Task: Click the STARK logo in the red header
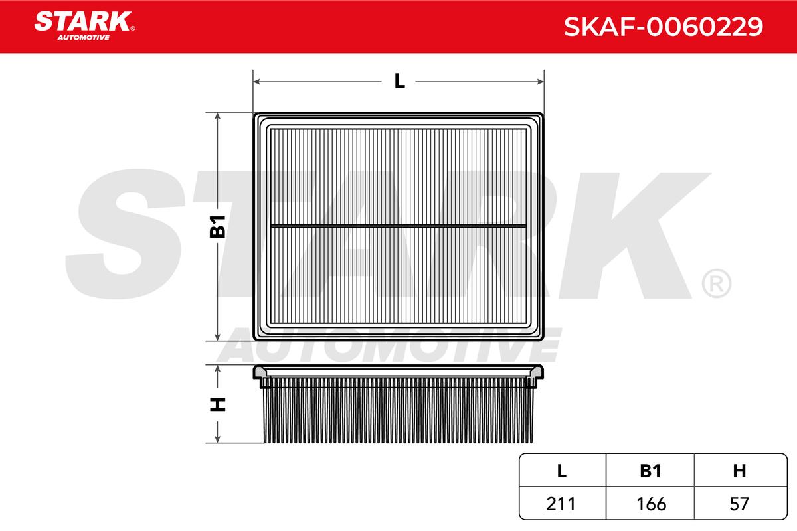(x=84, y=26)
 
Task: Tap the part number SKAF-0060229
(x=664, y=27)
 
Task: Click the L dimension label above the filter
(x=400, y=82)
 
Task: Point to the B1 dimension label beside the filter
(x=217, y=226)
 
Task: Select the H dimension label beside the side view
(x=218, y=404)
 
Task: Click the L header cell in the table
(x=562, y=471)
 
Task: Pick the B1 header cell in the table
(x=650, y=471)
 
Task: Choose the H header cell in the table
(x=739, y=471)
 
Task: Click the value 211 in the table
(x=561, y=504)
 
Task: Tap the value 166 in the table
(x=651, y=504)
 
